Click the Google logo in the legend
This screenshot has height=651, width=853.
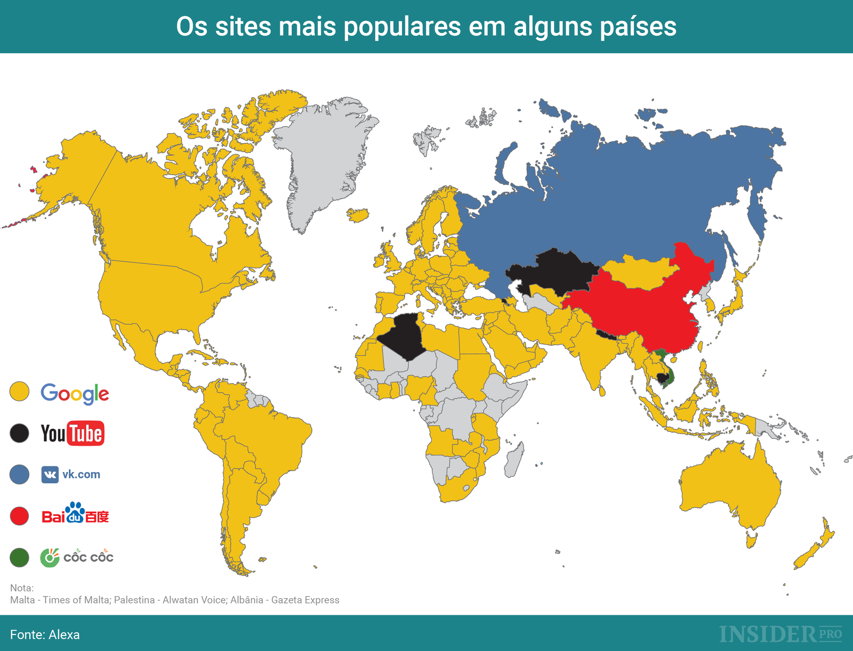(x=75, y=394)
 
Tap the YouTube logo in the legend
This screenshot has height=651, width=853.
(x=73, y=433)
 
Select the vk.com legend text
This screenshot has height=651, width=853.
(x=81, y=474)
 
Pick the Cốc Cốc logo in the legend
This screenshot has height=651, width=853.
(x=77, y=557)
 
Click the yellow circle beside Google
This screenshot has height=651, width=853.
(x=20, y=392)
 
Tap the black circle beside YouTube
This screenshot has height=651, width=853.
(x=20, y=433)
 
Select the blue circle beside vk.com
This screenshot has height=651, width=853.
(x=20, y=474)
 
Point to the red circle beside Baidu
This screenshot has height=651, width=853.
(x=20, y=516)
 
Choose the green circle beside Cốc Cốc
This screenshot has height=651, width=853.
(x=20, y=557)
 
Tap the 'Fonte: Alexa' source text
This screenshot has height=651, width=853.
(x=45, y=634)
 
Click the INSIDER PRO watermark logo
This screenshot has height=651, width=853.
(x=780, y=634)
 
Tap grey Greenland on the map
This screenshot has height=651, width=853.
(x=325, y=160)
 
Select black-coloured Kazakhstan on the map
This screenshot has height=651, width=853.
(x=554, y=272)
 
